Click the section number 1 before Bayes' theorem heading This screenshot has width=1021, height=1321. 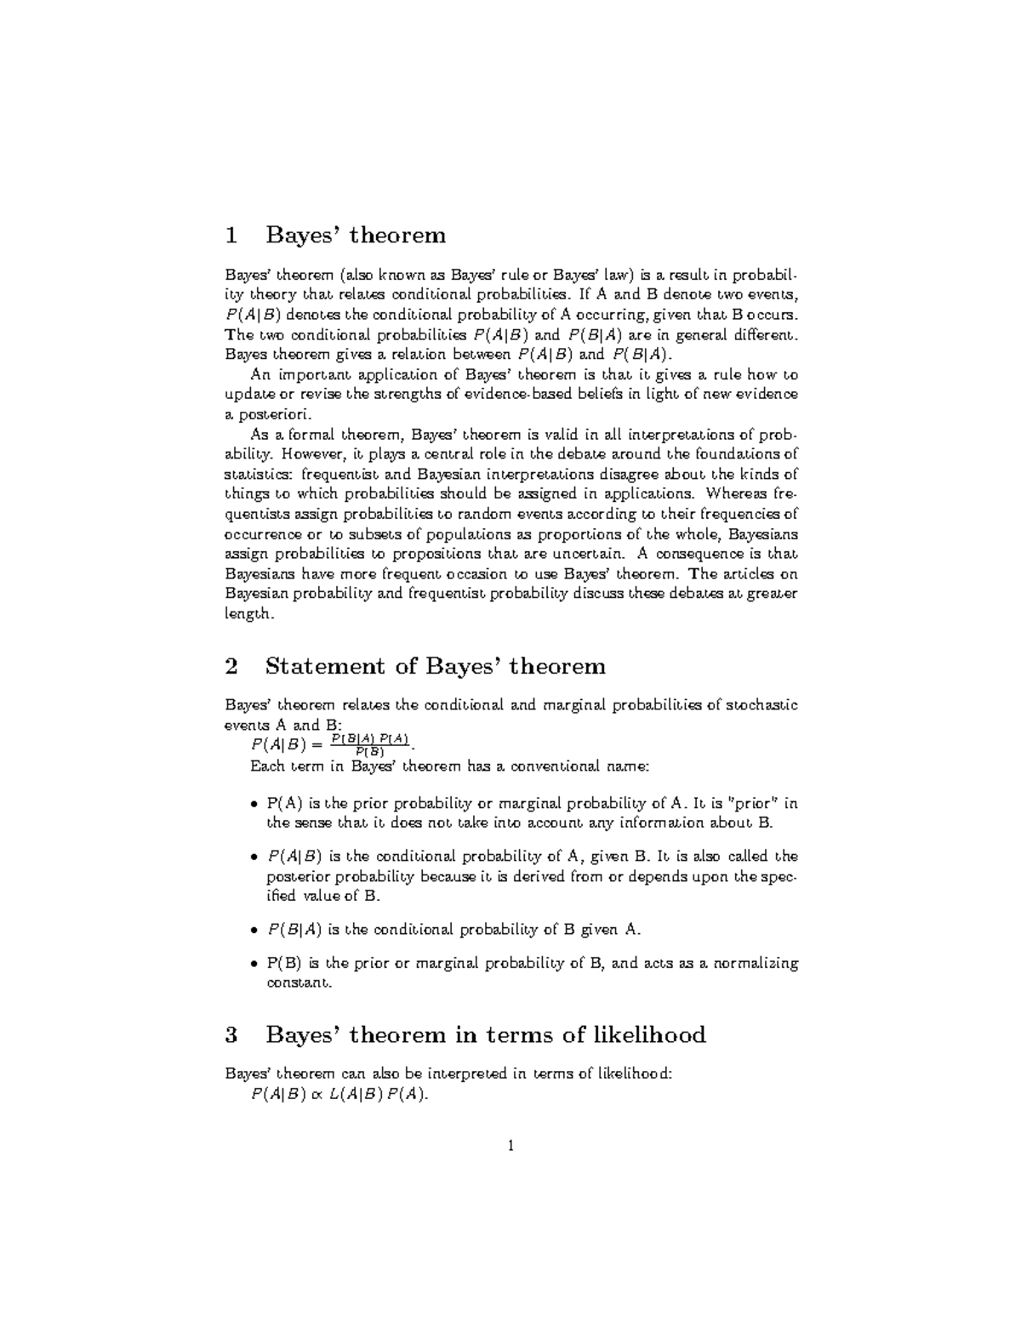pyautogui.click(x=229, y=235)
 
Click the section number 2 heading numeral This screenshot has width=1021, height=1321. pyautogui.click(x=230, y=666)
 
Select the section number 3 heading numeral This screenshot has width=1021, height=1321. pyautogui.click(x=230, y=1035)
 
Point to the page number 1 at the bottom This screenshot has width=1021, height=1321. pyautogui.click(x=510, y=1147)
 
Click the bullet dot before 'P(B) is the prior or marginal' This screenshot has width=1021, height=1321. pyautogui.click(x=254, y=965)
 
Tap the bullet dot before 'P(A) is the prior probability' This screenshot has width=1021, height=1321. pyautogui.click(x=254, y=804)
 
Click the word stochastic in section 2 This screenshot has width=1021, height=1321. pyautogui.click(x=762, y=705)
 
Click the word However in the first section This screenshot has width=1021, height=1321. pyautogui.click(x=314, y=454)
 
